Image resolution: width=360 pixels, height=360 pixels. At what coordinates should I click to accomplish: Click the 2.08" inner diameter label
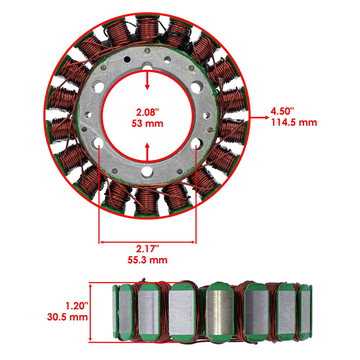point(147,112)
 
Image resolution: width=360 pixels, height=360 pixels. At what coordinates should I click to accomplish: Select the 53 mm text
point(147,123)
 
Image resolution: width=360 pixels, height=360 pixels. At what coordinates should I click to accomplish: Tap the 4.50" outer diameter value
point(282,111)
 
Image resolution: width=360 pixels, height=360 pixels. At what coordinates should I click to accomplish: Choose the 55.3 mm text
point(147,259)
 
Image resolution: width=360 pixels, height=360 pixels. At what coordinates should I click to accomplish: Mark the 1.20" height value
point(76,306)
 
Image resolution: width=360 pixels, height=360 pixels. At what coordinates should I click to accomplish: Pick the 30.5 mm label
point(67,317)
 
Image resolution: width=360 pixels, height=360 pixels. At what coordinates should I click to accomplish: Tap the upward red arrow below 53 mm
point(147,152)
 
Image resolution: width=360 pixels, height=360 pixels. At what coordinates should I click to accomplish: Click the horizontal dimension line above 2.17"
point(147,242)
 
